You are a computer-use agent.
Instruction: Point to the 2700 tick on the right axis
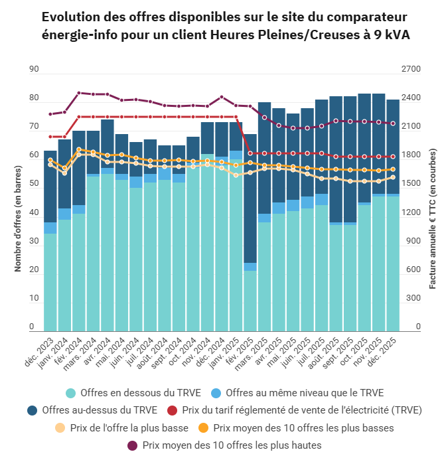[412, 69]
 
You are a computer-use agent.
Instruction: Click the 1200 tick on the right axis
[412, 212]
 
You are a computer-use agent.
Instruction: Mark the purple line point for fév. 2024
[79, 93]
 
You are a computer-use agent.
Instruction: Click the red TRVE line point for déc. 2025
[393, 157]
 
